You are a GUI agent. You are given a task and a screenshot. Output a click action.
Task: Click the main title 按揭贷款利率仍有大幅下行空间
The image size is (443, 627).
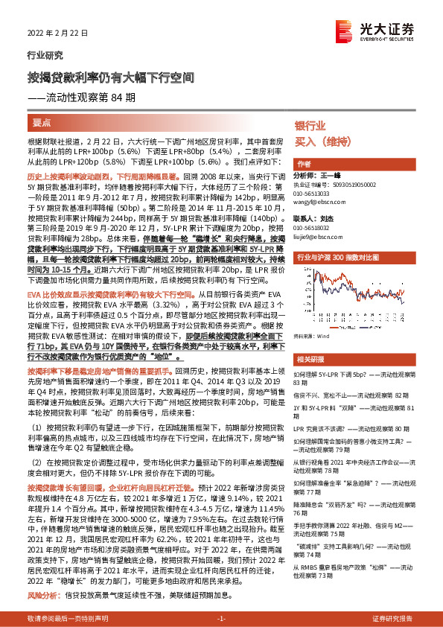(101, 77)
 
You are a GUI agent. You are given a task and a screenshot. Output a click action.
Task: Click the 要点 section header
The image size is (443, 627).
(42, 121)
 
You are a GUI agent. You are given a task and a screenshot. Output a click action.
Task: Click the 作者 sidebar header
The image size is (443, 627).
(303, 164)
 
